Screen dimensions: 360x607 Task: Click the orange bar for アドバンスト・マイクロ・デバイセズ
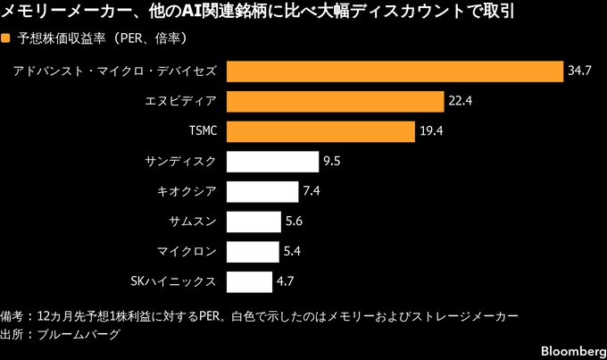click(x=395, y=71)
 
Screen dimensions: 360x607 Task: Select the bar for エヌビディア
click(x=336, y=101)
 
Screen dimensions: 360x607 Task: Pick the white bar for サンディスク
click(x=273, y=162)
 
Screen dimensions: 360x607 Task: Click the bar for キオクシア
click(x=262, y=192)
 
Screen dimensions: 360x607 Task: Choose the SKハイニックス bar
click(x=249, y=281)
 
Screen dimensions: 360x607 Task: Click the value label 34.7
click(x=580, y=71)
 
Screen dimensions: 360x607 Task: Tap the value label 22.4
click(x=461, y=101)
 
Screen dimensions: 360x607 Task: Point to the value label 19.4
click(x=431, y=131)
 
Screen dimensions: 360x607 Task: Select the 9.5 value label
click(x=333, y=162)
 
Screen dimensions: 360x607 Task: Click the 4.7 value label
click(x=286, y=281)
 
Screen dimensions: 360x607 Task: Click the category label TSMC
click(x=203, y=131)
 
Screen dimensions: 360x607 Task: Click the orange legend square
click(x=7, y=39)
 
